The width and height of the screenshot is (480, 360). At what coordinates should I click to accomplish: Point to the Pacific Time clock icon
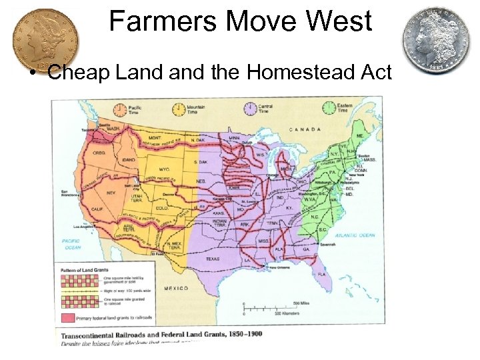(x=121, y=109)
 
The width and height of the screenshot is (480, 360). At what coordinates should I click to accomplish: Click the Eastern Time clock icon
(x=329, y=108)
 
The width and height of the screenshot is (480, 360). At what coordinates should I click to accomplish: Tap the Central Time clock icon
(x=251, y=108)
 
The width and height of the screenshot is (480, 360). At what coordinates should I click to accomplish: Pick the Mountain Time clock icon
(x=179, y=109)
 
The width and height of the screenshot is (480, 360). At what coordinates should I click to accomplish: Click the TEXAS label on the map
(x=212, y=259)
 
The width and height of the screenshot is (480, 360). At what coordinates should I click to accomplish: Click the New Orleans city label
(x=280, y=267)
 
